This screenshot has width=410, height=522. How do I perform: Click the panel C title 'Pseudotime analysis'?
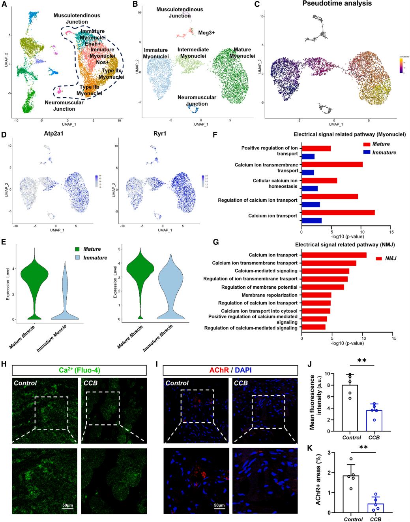click(x=337, y=4)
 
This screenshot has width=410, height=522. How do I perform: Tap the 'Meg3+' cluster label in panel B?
click(x=206, y=33)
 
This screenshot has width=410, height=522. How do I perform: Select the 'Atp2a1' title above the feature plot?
click(x=53, y=134)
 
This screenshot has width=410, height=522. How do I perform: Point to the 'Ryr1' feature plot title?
click(x=160, y=134)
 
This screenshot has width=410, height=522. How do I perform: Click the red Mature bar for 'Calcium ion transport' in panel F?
click(x=338, y=213)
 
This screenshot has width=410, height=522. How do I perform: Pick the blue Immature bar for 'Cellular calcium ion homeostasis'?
click(x=309, y=188)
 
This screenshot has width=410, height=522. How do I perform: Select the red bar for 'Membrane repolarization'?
click(x=316, y=295)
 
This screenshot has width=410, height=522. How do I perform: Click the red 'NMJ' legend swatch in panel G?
click(x=379, y=259)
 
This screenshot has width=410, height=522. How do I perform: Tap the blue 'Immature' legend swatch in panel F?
click(x=367, y=152)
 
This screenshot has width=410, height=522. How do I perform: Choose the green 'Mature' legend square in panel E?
click(x=77, y=249)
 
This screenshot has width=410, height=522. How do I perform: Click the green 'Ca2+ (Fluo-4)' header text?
click(x=79, y=370)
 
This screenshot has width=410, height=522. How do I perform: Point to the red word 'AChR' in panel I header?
click(x=219, y=370)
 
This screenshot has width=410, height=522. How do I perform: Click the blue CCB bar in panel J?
click(x=374, y=421)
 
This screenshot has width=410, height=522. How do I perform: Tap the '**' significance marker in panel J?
click(x=362, y=361)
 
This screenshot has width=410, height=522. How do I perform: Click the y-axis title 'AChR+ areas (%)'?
click(x=318, y=479)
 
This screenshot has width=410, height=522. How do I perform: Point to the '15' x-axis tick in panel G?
click(x=394, y=339)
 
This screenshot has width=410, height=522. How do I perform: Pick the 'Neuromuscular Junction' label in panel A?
click(x=64, y=106)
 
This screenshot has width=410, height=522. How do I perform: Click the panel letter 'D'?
click(x=4, y=134)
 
